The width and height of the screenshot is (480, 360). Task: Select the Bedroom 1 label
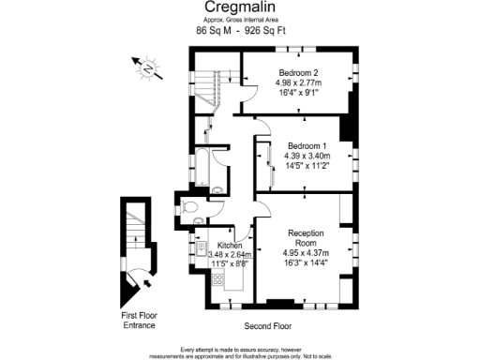click(x=307, y=146)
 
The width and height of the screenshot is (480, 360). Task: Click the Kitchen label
click(x=231, y=245)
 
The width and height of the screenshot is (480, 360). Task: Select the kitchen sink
click(x=201, y=248)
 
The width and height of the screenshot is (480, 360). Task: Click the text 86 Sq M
click(x=214, y=31)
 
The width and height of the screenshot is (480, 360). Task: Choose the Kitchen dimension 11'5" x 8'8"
click(x=231, y=264)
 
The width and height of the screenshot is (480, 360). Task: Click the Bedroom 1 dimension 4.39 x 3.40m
click(x=307, y=157)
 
